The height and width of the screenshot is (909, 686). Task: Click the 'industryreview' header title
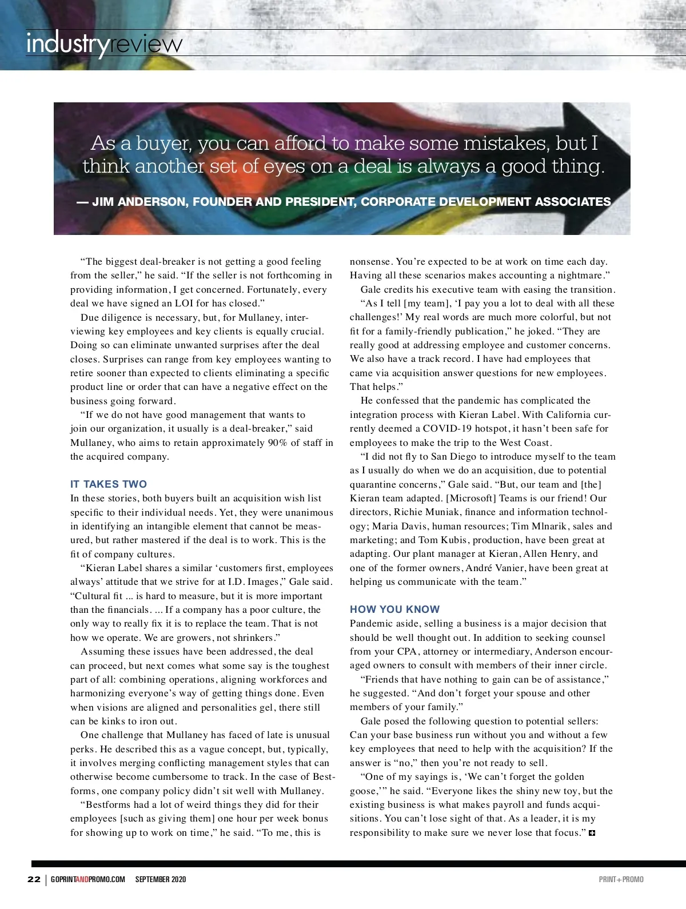[104, 44]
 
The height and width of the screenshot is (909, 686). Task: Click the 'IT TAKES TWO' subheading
[109, 484]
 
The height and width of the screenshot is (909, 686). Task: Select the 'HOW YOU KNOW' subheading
[395, 609]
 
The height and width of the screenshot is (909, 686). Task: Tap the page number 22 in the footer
[34, 879]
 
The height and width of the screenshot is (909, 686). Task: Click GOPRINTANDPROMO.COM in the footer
[87, 879]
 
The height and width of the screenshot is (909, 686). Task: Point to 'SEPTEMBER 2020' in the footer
[161, 879]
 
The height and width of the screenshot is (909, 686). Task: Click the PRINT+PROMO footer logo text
[621, 879]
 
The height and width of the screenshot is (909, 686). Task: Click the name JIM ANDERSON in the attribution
[140, 202]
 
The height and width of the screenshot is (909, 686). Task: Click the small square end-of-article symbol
[592, 833]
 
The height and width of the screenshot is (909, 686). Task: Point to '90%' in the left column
[278, 442]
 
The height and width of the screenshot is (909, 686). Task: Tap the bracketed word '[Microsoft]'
[472, 498]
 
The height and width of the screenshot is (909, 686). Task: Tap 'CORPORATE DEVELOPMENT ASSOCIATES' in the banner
[486, 202]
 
